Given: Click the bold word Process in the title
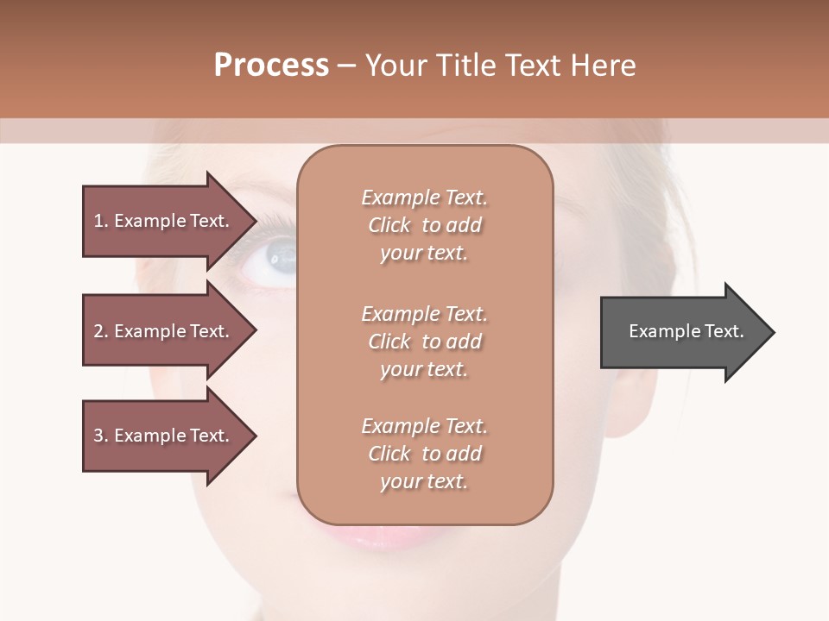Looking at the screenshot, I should (x=271, y=65).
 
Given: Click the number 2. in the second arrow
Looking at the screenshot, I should (x=101, y=331).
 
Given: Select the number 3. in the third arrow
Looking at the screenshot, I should (x=101, y=436).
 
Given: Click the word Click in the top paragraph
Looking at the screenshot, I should (x=389, y=225).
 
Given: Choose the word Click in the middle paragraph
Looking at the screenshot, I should (x=389, y=342).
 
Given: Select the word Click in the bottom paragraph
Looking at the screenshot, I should (x=389, y=454).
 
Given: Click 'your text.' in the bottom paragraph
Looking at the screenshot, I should (x=424, y=482).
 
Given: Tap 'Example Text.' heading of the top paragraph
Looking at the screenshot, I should (x=424, y=198).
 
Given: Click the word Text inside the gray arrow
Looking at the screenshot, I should (x=724, y=331).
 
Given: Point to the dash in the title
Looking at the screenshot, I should (x=346, y=66).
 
